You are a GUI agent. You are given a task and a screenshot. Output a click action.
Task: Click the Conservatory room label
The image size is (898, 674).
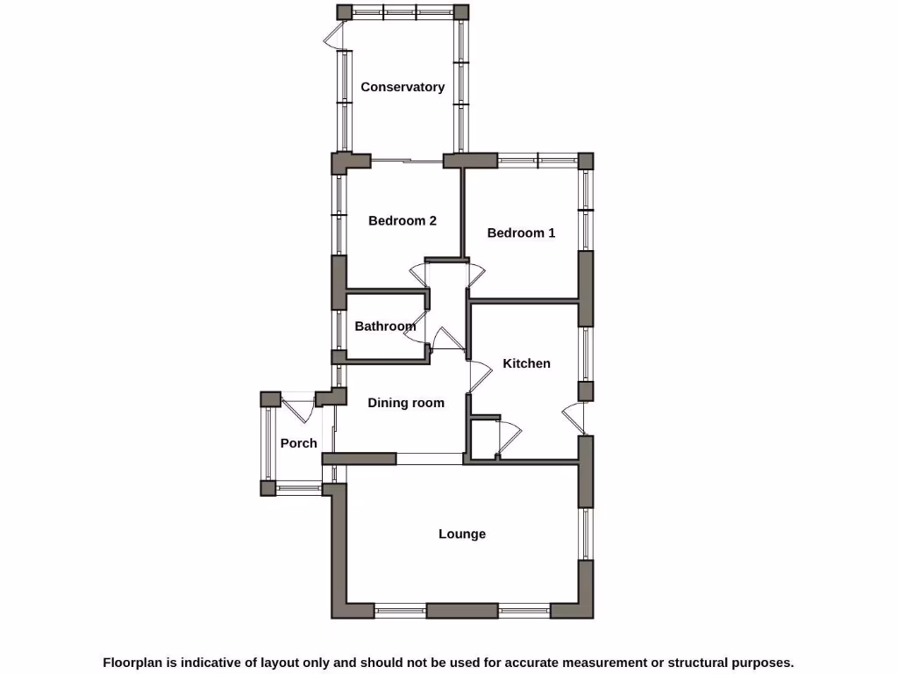point(403,87)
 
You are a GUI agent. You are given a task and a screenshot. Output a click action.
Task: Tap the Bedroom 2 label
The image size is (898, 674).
point(403,220)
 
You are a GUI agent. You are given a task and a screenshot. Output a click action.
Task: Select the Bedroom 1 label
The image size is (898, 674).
point(521,233)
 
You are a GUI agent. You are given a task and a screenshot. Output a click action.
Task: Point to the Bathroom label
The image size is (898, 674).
point(385,326)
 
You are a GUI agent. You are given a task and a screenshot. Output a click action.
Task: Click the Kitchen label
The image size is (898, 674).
point(526,363)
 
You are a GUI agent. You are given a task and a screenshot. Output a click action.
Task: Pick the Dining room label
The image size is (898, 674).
point(406,403)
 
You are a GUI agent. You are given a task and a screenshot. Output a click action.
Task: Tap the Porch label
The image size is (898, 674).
point(299,443)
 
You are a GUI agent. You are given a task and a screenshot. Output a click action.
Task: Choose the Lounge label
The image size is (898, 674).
point(462,534)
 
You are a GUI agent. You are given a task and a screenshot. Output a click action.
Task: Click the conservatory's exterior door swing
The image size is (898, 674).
point(333,36)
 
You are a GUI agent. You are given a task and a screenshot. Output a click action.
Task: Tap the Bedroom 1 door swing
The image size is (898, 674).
point(475,273)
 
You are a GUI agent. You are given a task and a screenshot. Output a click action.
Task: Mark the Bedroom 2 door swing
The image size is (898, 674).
point(418,275)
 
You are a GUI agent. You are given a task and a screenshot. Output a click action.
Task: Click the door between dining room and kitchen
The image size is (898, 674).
point(479,376)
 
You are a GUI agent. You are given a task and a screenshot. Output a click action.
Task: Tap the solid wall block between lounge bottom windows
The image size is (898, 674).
point(462,610)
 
